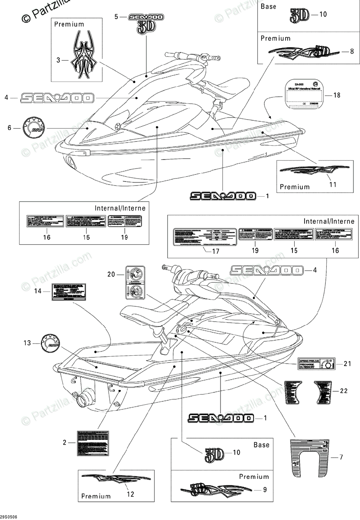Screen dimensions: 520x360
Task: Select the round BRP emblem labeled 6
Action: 33,128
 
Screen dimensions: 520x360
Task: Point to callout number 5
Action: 116,16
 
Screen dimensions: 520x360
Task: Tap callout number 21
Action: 347,364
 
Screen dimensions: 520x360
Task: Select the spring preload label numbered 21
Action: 315,364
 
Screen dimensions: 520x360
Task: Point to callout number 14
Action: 38,291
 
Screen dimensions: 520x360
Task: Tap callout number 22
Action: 344,391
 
